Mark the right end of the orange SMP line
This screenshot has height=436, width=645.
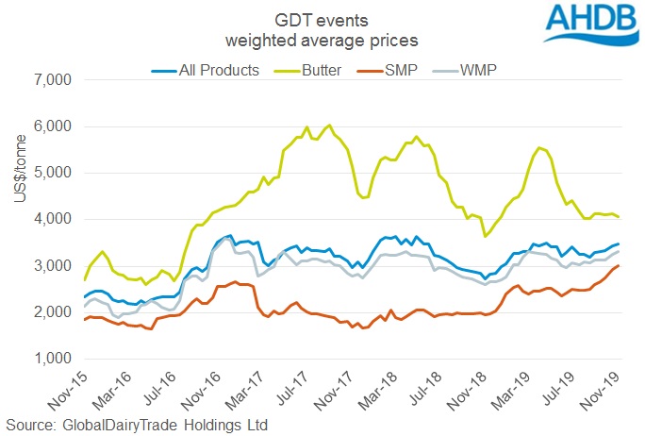(618, 266)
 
